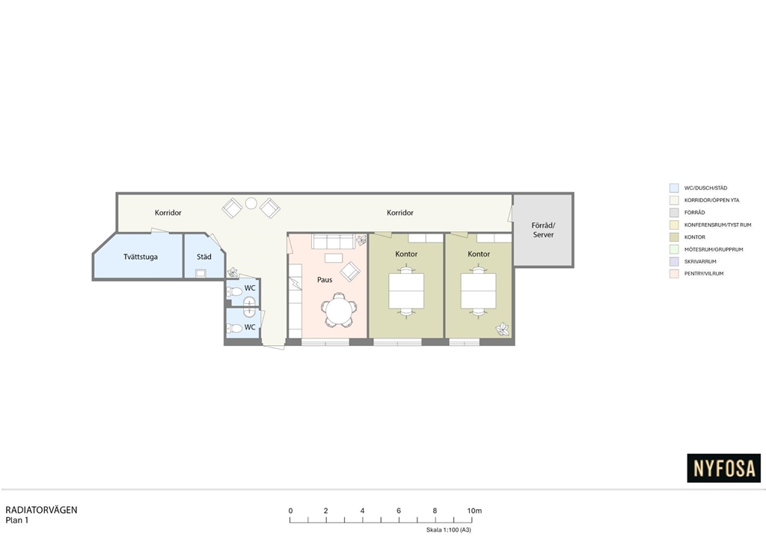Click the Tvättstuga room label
[140, 257]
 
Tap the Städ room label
[203, 257]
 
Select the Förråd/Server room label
[543, 230]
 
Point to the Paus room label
[325, 279]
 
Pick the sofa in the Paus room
[333, 242]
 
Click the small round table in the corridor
[251, 203]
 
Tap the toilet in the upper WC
[236, 292]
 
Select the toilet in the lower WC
[236, 327]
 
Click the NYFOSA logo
[723, 468]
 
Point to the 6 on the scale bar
[399, 511]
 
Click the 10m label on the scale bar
[474, 511]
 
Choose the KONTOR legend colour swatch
[674, 237]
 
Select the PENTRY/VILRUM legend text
[704, 274]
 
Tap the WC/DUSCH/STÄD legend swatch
[674, 188]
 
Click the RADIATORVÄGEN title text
[42, 510]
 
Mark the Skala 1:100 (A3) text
[449, 530]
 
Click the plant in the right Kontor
[503, 329]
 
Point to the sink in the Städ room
[200, 273]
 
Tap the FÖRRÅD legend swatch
[674, 213]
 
